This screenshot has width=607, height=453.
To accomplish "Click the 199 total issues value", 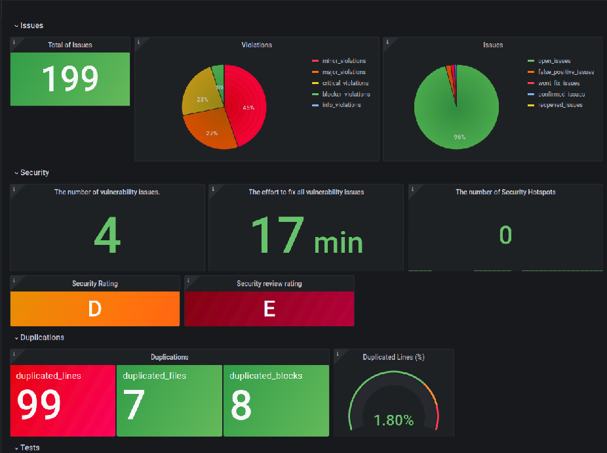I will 70,78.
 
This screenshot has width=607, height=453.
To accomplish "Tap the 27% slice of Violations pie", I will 212,131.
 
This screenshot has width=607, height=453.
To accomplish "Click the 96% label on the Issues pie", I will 459,137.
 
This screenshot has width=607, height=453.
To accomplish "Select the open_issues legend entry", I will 553,61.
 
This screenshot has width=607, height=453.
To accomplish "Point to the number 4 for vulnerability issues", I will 107,236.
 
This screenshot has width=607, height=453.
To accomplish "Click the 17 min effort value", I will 306,236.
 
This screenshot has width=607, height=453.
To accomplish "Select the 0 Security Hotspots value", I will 505,235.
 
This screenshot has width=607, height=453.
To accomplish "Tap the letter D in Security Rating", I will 94,309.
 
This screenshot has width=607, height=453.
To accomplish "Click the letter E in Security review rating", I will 269,309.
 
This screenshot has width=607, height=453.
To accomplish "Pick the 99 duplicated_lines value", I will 39,406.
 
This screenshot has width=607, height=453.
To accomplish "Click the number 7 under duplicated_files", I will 134,406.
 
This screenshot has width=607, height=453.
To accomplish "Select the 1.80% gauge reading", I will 393,420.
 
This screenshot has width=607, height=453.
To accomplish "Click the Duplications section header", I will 42,337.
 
